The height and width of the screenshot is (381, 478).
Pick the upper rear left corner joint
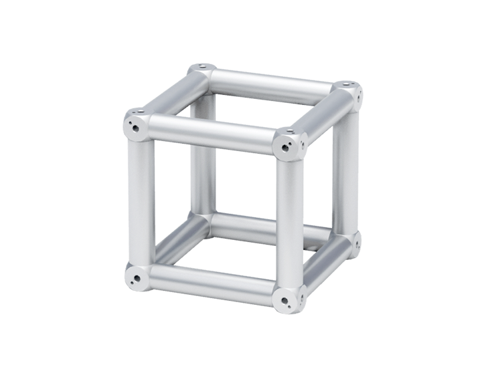(202, 70)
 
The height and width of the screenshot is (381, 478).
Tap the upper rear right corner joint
(348, 90)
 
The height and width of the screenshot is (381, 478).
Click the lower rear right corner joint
(353, 242)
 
